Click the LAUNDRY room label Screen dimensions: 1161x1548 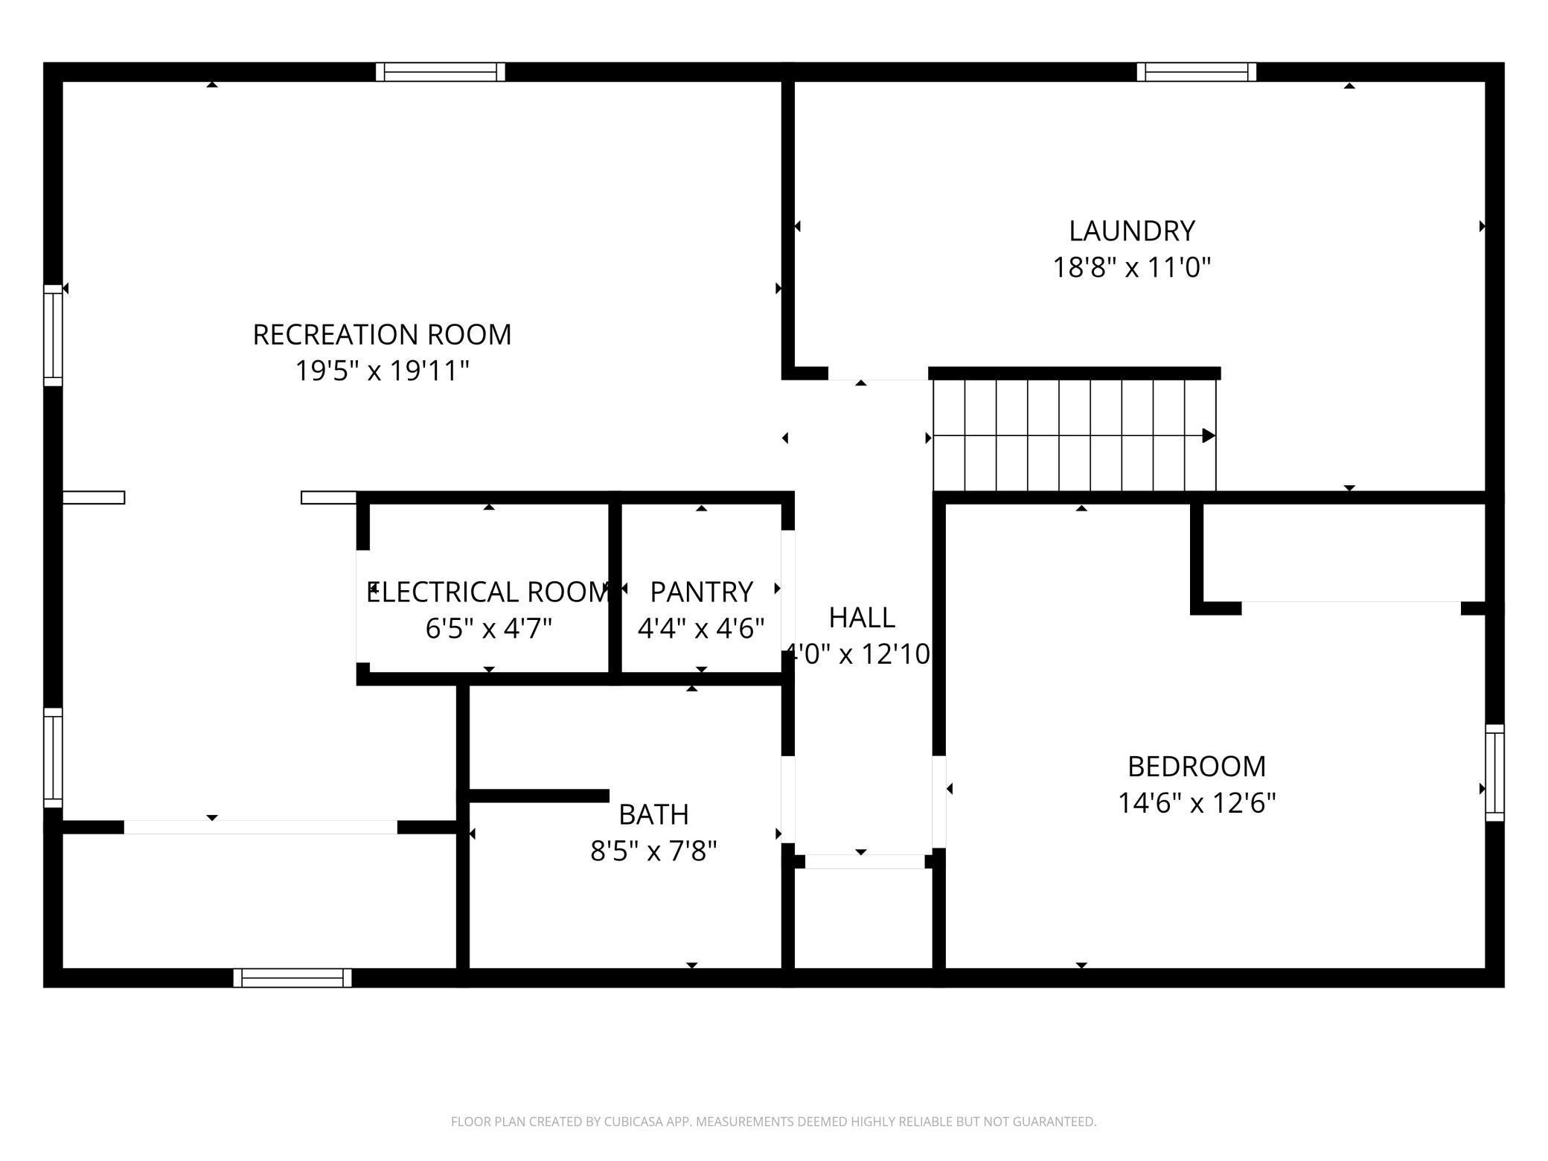1131,231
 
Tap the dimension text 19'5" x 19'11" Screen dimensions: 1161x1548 382,371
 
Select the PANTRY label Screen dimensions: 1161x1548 701,592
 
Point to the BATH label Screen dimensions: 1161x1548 653,814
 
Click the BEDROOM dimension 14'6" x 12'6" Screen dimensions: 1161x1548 1197,803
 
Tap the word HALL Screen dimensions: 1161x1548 862,617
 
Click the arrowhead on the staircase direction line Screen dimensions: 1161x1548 1209,435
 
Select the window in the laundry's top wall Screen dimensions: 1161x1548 1196,72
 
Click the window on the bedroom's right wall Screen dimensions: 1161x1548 1494,773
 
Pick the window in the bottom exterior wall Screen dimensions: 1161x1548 292,978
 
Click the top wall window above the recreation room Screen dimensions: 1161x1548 441,72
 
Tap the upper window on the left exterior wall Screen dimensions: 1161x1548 53,335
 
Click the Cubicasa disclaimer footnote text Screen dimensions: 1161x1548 773,1121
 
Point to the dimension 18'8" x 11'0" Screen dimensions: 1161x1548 1131,267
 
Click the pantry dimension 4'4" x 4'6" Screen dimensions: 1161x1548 701,629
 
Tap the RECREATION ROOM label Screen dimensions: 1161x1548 382,334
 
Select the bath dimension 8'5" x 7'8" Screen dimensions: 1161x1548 653,851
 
